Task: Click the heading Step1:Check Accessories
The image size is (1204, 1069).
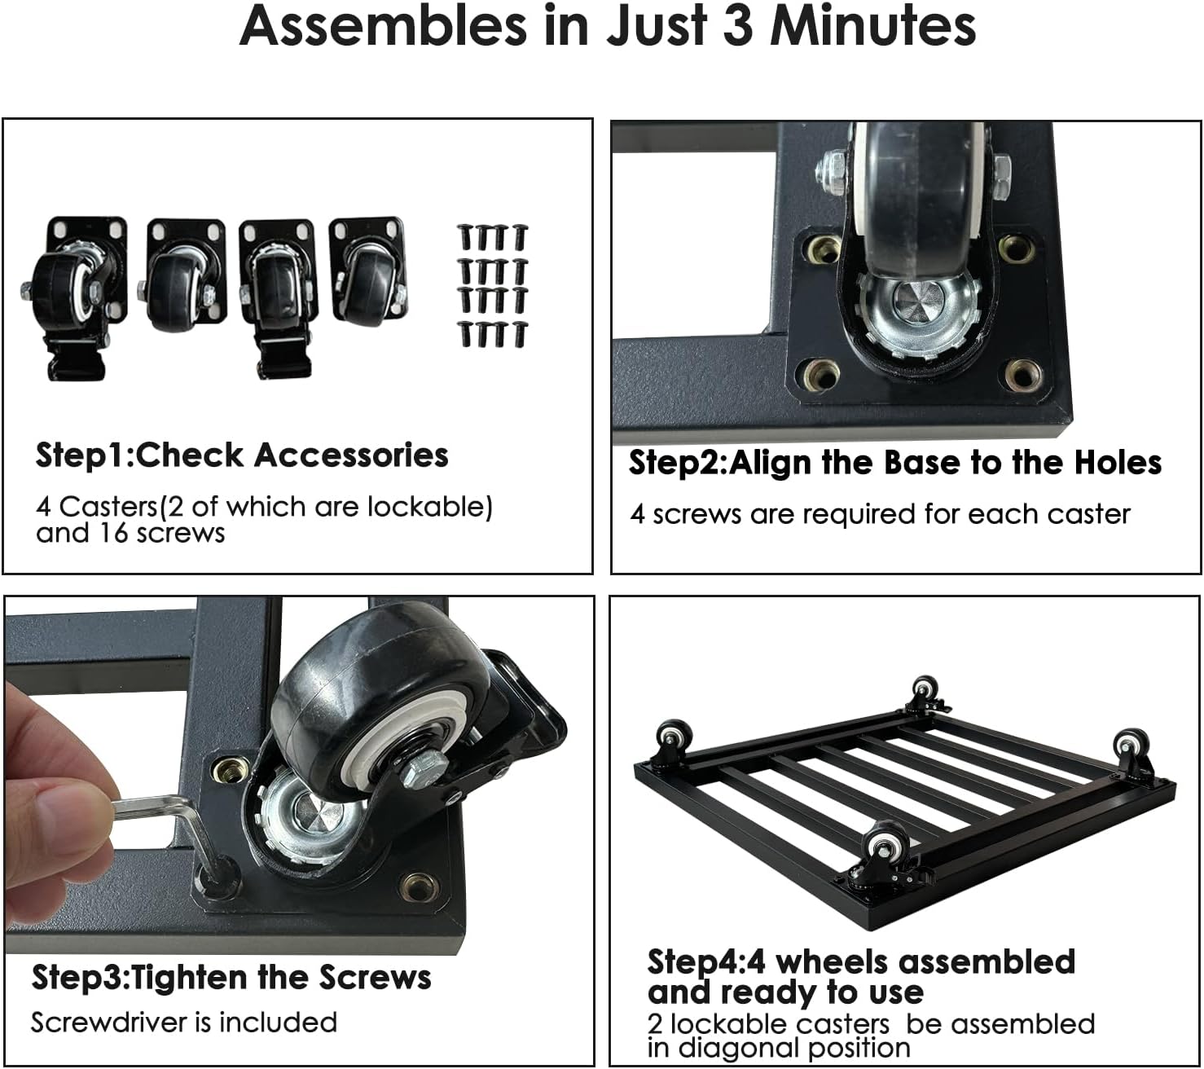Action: tap(242, 456)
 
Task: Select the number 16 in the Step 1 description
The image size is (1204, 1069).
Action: tap(113, 533)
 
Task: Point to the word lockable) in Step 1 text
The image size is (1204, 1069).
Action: tap(429, 508)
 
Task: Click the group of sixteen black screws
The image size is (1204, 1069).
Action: tap(492, 285)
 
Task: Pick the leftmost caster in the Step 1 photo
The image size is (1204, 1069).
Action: tap(74, 297)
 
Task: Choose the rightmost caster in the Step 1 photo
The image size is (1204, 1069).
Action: tap(368, 271)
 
